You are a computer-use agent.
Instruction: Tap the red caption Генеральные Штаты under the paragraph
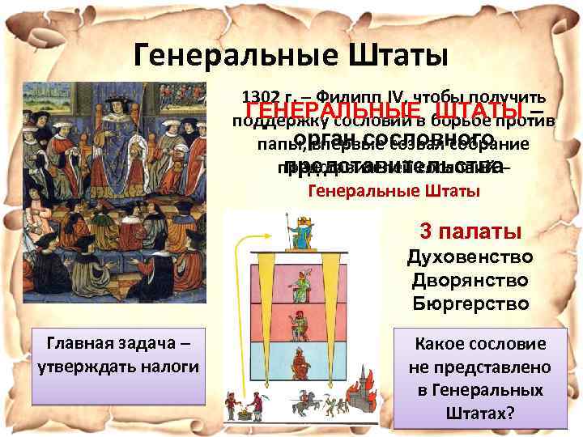(x=394, y=192)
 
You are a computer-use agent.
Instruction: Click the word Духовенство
(x=470, y=258)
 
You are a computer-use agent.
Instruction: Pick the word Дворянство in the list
(x=470, y=281)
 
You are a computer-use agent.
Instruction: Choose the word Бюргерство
(x=470, y=304)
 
